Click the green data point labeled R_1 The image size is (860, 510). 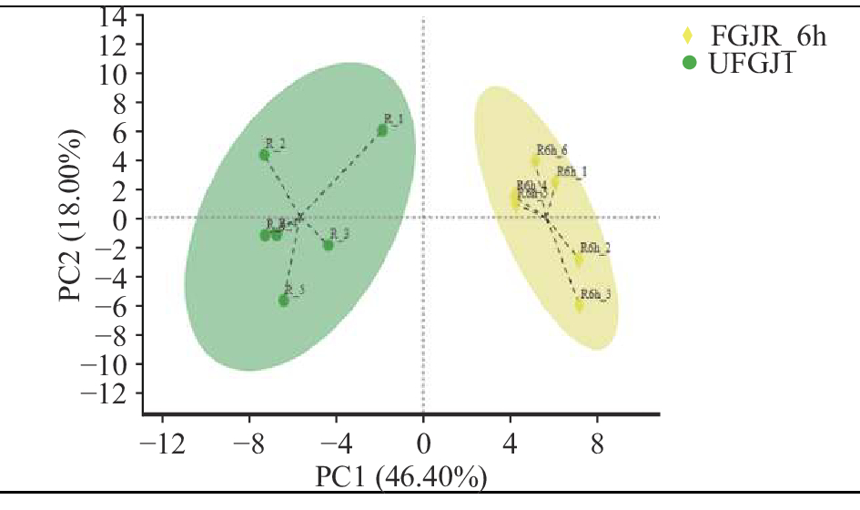point(382,130)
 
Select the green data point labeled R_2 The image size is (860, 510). point(264,155)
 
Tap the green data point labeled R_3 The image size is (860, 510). point(329,245)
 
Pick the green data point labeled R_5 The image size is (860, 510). point(284,301)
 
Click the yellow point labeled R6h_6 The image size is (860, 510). point(536,161)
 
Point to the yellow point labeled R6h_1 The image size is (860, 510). point(555,182)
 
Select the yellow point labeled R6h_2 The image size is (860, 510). point(579,260)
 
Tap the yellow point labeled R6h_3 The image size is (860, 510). point(580,305)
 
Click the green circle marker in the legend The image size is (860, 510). point(690,63)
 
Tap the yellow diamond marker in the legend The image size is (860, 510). point(689,36)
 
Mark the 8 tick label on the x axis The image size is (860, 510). point(597,446)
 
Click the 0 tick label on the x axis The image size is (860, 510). point(423,446)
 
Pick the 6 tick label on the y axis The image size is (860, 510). point(121,131)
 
